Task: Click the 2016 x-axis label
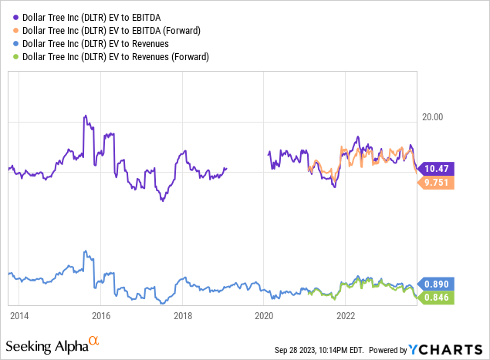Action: [100, 315]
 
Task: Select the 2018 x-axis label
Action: [182, 315]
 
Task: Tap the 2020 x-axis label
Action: [264, 315]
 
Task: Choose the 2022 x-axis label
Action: [346, 315]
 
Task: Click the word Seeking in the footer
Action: [29, 344]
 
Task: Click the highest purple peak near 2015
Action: [84, 116]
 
